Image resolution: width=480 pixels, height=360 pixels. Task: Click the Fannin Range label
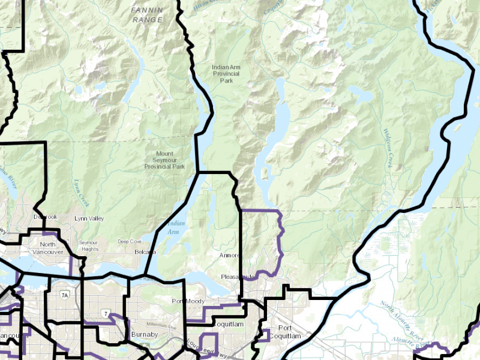[147, 15]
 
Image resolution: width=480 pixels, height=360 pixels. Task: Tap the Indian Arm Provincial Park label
[226, 74]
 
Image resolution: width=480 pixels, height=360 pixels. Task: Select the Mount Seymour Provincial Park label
[163, 160]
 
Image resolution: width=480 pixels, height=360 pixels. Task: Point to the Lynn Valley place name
[89, 219]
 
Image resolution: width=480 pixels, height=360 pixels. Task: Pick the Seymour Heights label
[89, 245]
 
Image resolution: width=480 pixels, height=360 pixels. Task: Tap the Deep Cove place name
[130, 241]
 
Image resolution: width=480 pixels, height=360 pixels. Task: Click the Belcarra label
[145, 252]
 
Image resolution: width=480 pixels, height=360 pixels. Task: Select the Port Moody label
[188, 301]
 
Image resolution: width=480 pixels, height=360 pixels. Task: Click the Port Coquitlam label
[285, 332]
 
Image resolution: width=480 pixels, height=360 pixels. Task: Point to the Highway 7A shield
[64, 295]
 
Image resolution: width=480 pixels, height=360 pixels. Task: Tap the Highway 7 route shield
[105, 314]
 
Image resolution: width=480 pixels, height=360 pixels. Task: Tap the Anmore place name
[229, 256]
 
